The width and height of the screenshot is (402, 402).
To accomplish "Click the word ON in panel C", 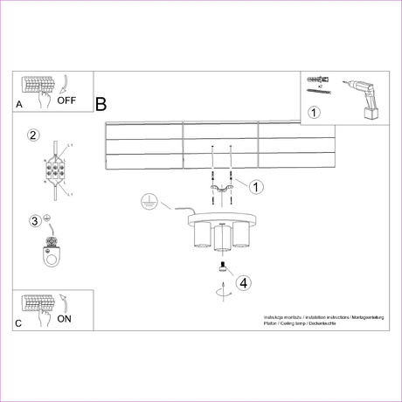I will pos(64,319).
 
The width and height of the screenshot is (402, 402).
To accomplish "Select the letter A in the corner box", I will pos(19,104).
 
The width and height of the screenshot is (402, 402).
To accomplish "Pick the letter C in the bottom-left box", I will pos(19,323).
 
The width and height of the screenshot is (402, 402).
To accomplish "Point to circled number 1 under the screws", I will pos(315,112).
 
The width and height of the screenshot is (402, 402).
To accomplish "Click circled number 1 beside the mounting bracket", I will pos(256,186).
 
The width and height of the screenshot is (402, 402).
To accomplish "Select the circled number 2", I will pos(34,135).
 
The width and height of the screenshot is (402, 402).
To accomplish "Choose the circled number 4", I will pos(244,282).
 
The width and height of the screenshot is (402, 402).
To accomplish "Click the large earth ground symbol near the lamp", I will pos(149,203).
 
